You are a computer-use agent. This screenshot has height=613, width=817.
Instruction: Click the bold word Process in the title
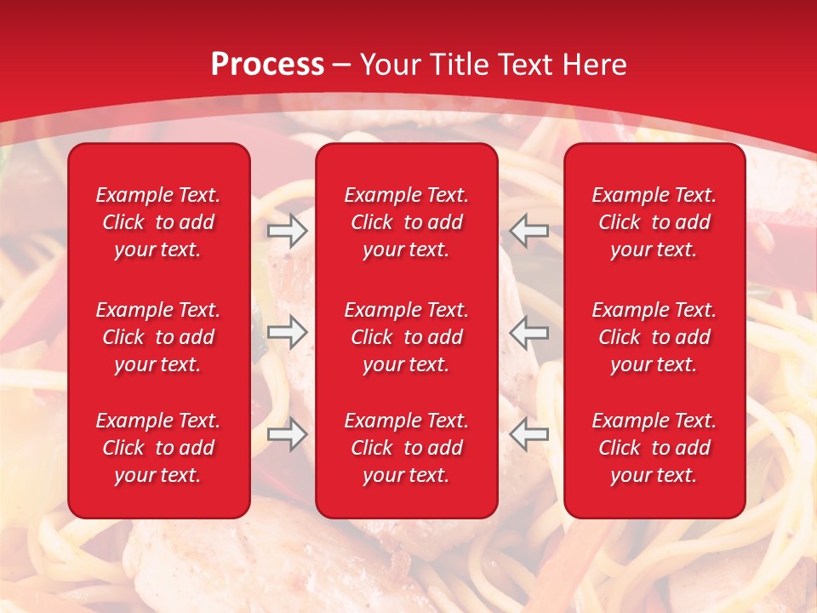(267, 65)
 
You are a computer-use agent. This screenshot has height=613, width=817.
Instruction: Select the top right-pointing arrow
(287, 230)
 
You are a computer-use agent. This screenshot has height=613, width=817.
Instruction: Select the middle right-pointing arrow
(287, 331)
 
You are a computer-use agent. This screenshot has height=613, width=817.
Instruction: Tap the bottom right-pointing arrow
(287, 434)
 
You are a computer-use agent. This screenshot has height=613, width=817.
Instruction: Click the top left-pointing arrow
(529, 230)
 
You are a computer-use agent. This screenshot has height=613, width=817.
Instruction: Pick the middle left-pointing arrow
(529, 331)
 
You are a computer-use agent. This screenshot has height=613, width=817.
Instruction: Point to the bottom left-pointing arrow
(529, 434)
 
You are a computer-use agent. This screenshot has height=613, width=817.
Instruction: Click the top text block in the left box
(158, 222)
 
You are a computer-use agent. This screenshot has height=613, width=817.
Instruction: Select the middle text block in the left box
(158, 337)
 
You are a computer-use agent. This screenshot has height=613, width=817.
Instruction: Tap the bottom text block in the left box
(158, 448)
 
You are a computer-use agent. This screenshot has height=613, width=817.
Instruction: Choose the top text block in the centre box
(406, 222)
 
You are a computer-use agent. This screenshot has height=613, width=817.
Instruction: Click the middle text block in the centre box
(406, 337)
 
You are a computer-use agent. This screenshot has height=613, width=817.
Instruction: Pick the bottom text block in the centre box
(406, 448)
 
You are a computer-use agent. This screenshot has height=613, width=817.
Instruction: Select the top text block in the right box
(654, 222)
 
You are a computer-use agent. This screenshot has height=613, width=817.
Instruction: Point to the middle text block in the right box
(654, 337)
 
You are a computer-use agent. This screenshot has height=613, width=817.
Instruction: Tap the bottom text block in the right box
(654, 448)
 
